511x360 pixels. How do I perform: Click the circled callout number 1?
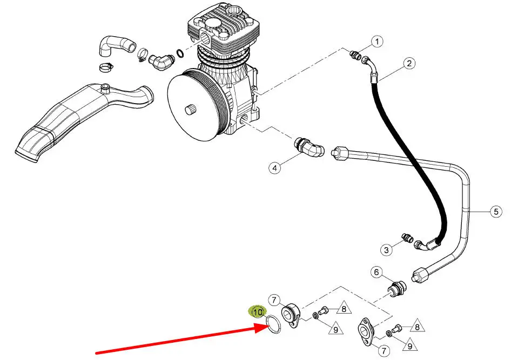377,42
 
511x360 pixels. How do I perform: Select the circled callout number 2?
409,63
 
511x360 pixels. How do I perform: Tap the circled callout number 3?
387,250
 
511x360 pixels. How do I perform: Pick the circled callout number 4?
275,168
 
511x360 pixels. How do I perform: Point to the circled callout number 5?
496,212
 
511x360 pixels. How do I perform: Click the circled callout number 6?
376,272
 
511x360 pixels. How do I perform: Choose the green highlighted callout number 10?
258,312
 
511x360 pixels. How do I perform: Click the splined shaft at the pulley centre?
190,110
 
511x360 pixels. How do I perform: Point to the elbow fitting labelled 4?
309,147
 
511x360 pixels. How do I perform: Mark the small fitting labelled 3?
406,237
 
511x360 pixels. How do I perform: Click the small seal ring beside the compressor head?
179,52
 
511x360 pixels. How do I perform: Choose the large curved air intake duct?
84,121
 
